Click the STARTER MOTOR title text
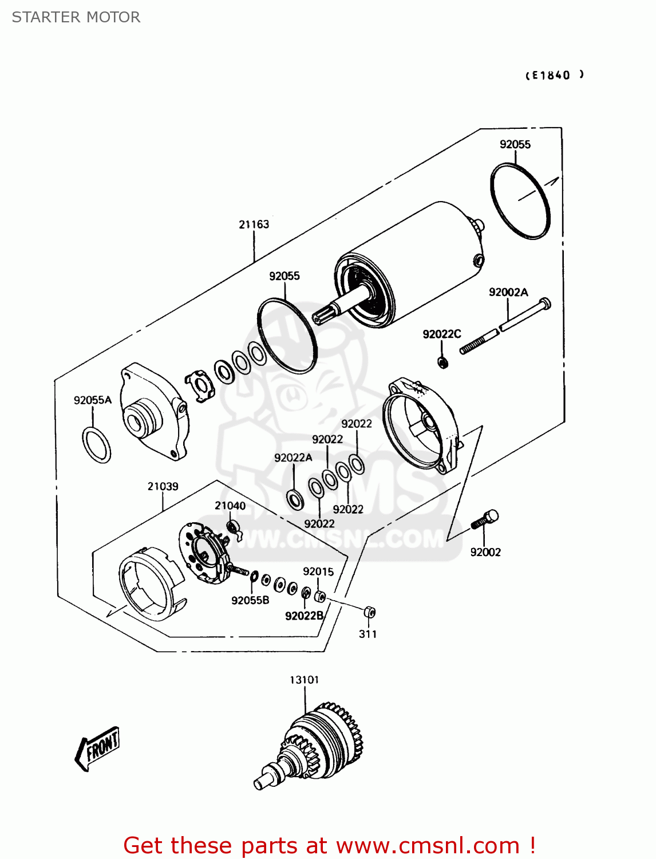(76, 17)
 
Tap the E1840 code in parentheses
(554, 75)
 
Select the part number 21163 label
(254, 224)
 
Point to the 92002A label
(508, 292)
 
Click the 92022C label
(442, 334)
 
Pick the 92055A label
(93, 400)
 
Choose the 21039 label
(163, 486)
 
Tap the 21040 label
(230, 506)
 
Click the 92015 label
(318, 572)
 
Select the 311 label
(367, 634)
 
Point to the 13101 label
(304, 680)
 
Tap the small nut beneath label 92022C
(442, 362)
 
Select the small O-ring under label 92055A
(97, 446)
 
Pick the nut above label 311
(369, 612)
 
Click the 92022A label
(293, 458)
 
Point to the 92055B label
(250, 600)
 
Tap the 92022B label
(304, 616)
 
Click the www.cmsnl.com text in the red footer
(428, 845)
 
